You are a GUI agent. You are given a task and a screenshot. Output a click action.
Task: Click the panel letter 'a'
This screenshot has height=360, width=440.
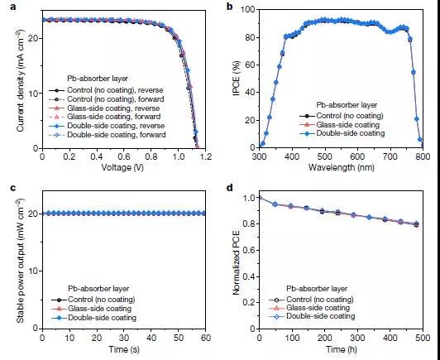pyautogui.click(x=12, y=7)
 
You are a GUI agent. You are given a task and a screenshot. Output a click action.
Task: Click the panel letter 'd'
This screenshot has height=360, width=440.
pyautogui.click(x=230, y=187)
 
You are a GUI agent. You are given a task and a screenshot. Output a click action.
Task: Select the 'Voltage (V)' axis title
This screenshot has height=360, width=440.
pyautogui.click(x=122, y=168)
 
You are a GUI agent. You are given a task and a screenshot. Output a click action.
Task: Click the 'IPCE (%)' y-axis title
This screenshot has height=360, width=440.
pyautogui.click(x=237, y=79)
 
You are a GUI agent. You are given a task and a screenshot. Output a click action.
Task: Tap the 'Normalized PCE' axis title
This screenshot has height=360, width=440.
pyautogui.click(x=237, y=263)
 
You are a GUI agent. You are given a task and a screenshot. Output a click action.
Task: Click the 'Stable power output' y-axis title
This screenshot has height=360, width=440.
pyautogui.click(x=21, y=261)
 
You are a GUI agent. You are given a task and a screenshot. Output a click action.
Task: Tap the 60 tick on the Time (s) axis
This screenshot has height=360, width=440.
pyautogui.click(x=205, y=338)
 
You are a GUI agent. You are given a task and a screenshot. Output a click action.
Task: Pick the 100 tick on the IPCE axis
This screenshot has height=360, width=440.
pyautogui.click(x=248, y=10)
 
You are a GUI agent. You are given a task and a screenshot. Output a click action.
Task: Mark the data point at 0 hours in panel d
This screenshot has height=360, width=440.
pyautogui.click(x=260, y=198)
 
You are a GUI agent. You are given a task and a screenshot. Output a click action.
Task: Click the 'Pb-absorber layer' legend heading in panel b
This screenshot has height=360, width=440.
pyautogui.click(x=347, y=105)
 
